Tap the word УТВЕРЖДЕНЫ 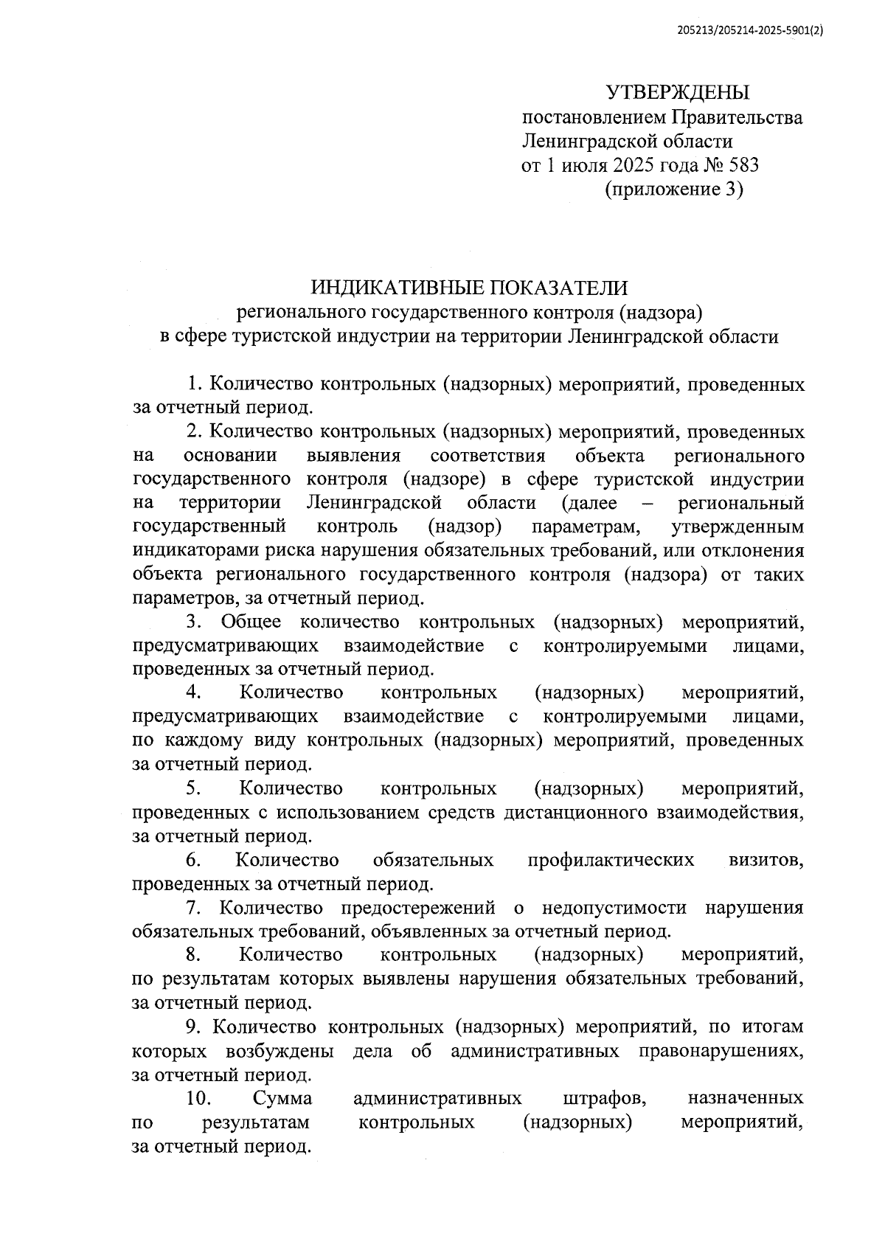tap(677, 93)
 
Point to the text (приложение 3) tap(674, 190)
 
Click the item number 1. tap(194, 384)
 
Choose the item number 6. tap(193, 860)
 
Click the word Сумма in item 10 tap(282, 1098)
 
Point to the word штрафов tap(605, 1098)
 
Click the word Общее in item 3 tap(251, 622)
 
